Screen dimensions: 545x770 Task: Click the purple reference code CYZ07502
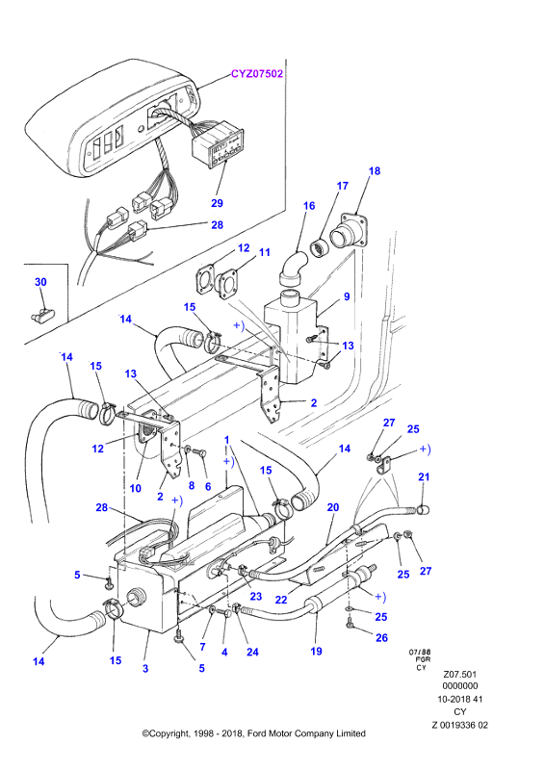click(x=257, y=74)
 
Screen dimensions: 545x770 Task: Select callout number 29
click(x=217, y=203)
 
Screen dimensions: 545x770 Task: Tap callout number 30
click(x=40, y=282)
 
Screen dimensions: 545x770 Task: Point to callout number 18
click(x=375, y=171)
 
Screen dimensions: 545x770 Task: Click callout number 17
click(x=343, y=186)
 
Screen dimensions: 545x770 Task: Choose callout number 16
click(x=309, y=206)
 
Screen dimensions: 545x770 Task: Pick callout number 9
click(x=347, y=296)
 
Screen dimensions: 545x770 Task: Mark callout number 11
click(x=265, y=252)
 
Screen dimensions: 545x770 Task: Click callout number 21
click(x=424, y=476)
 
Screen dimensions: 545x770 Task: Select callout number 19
click(x=317, y=652)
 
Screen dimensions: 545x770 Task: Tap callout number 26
click(x=381, y=637)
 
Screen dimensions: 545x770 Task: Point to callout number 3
click(x=145, y=668)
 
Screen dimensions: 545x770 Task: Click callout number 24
click(x=252, y=653)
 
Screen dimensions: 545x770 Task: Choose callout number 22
click(x=281, y=600)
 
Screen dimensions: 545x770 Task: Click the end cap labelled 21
click(x=423, y=511)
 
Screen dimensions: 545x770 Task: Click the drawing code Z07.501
click(x=459, y=675)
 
